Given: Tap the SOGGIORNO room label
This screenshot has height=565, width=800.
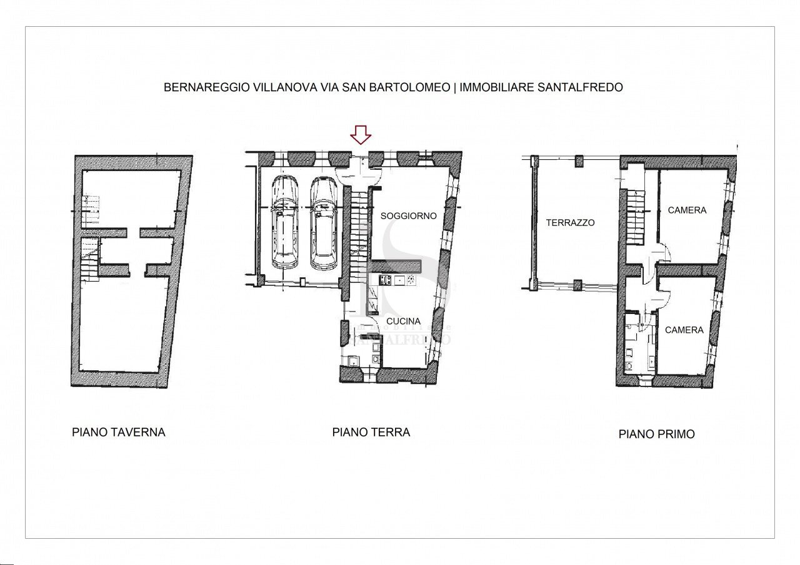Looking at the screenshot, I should pyautogui.click(x=409, y=216).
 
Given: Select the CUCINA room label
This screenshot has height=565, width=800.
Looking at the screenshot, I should pyautogui.click(x=403, y=322).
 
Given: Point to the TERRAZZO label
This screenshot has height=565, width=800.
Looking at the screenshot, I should pyautogui.click(x=570, y=222).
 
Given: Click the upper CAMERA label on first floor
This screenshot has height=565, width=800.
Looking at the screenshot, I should pyautogui.click(x=687, y=210).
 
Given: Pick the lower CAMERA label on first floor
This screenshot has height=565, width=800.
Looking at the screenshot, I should pyautogui.click(x=684, y=330).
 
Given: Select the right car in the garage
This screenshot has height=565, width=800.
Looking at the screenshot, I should pyautogui.click(x=323, y=223).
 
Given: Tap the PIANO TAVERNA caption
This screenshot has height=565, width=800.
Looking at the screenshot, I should pyautogui.click(x=119, y=432).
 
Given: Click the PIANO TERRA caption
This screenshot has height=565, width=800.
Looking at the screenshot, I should pyautogui.click(x=371, y=432).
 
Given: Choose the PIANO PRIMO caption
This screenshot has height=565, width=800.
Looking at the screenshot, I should pyautogui.click(x=656, y=435).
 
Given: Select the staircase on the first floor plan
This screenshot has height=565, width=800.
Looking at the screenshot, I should pyautogui.click(x=636, y=219).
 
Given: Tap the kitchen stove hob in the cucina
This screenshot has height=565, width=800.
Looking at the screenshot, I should pyautogui.click(x=384, y=280).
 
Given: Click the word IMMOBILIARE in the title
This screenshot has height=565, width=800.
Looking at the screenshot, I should pyautogui.click(x=496, y=88).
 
